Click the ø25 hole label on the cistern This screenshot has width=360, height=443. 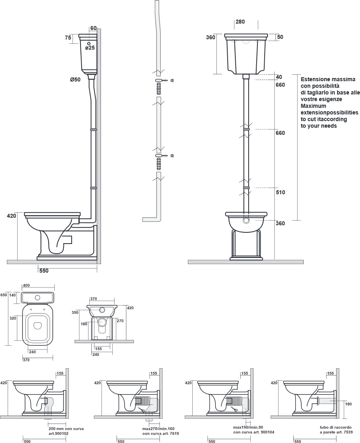(90, 48)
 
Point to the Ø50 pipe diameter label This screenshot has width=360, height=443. (75, 80)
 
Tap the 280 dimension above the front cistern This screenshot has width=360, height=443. (240, 22)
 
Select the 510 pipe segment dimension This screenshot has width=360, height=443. (280, 193)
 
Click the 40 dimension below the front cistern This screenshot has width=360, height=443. (279, 77)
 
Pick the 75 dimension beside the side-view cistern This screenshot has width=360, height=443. (68, 37)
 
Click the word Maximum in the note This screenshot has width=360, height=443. (313, 106)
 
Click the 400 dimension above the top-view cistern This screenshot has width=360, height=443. (26, 286)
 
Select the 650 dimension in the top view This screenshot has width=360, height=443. (4, 295)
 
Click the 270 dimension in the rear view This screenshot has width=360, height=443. (120, 321)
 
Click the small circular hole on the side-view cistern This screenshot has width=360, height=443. (89, 44)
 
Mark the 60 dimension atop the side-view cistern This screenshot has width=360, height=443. (94, 28)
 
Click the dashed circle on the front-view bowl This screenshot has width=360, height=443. (247, 221)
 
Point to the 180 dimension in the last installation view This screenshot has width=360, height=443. (348, 404)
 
